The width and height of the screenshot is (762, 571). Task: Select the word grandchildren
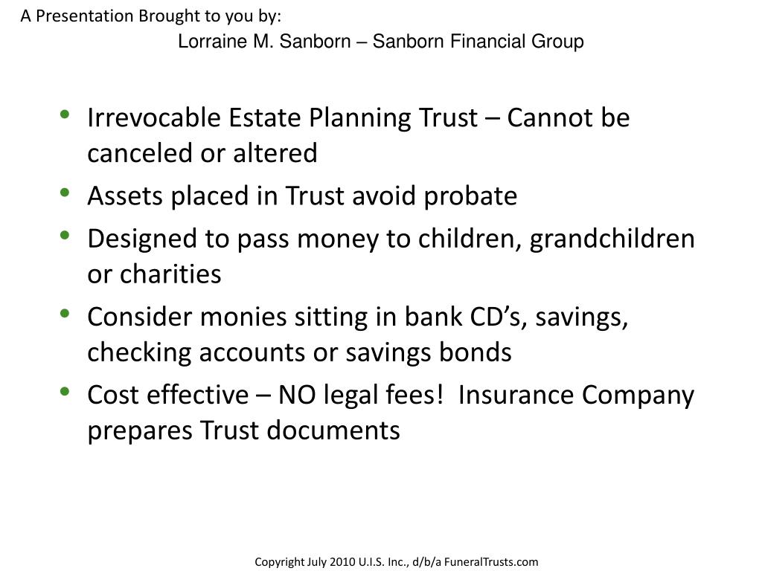pos(612,239)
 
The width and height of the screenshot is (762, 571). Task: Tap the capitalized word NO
pos(296,395)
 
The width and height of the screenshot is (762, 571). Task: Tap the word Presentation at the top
pos(84,16)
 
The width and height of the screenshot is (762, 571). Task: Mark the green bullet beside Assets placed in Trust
pos(65,193)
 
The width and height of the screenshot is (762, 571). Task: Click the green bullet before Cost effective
pos(65,392)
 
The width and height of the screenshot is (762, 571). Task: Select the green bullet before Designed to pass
pos(65,236)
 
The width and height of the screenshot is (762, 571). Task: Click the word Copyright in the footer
pos(279,562)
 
